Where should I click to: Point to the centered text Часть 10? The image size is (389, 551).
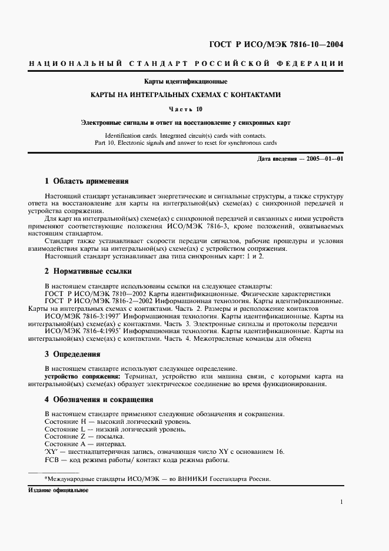(x=186, y=109)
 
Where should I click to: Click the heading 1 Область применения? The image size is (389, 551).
(x=87, y=181)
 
